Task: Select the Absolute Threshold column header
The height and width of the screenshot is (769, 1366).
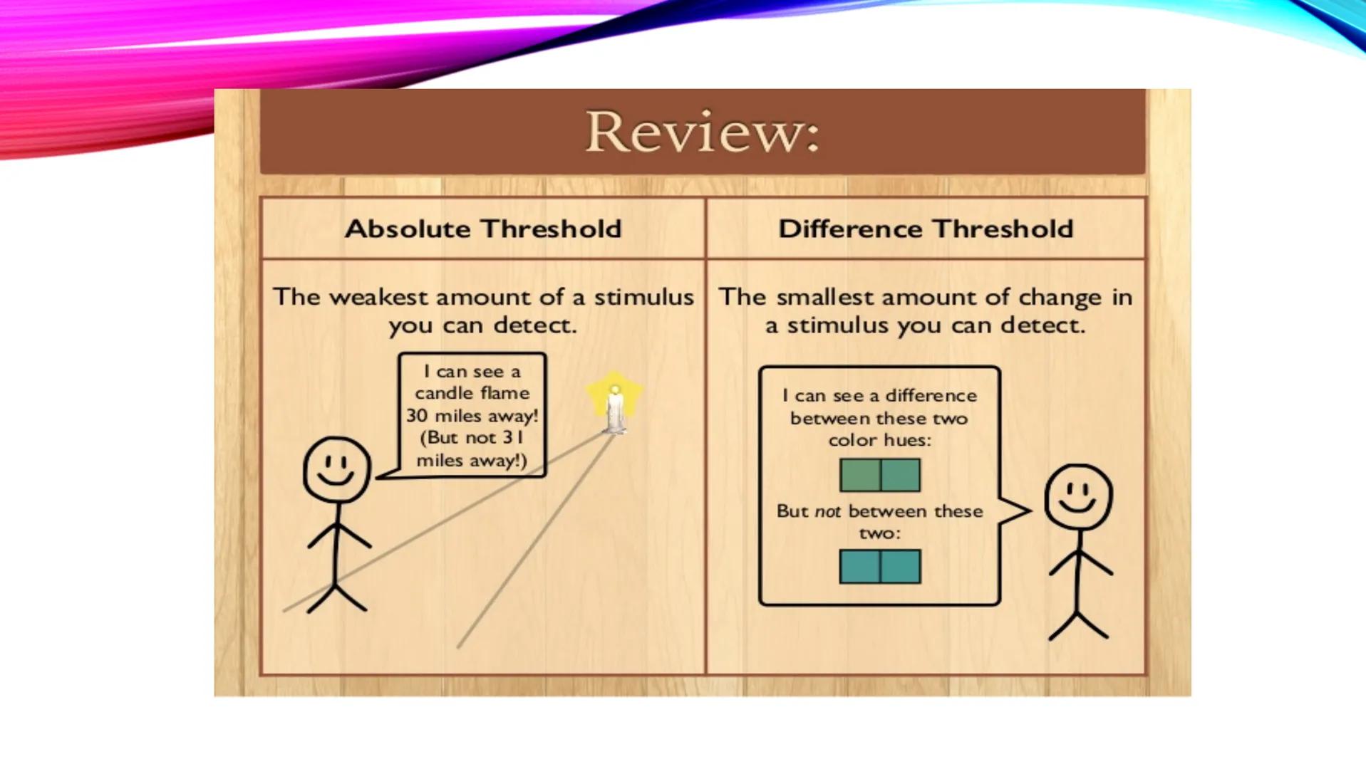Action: [483, 229]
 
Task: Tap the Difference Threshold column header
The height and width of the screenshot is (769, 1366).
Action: [926, 229]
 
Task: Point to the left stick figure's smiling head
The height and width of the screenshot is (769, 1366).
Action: [337, 470]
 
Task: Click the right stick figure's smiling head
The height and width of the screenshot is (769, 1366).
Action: [1078, 496]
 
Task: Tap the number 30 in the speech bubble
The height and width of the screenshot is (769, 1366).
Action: [417, 415]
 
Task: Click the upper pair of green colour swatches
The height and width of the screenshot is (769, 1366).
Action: [880, 475]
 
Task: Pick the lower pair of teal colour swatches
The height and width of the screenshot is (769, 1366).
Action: [880, 567]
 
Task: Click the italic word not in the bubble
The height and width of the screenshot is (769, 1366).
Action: [828, 511]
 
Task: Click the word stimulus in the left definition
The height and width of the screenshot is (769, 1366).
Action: [644, 297]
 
